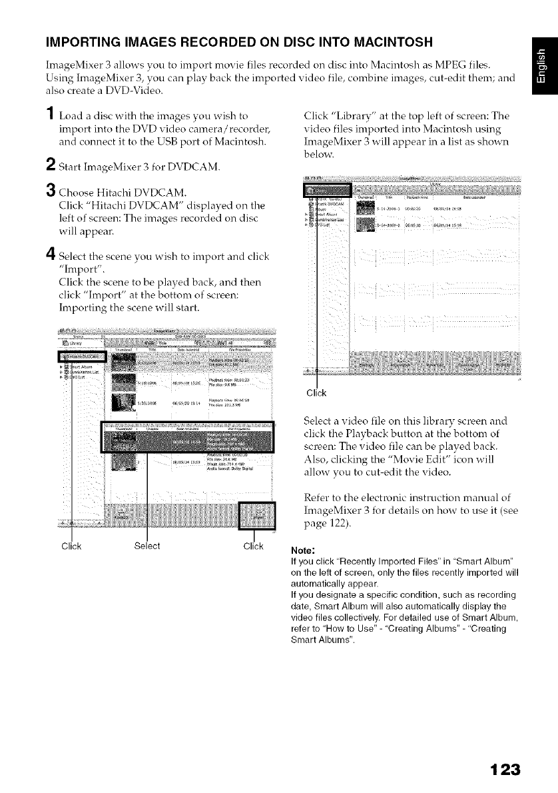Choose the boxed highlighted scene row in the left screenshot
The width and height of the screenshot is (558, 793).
pyautogui.click(x=186, y=438)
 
